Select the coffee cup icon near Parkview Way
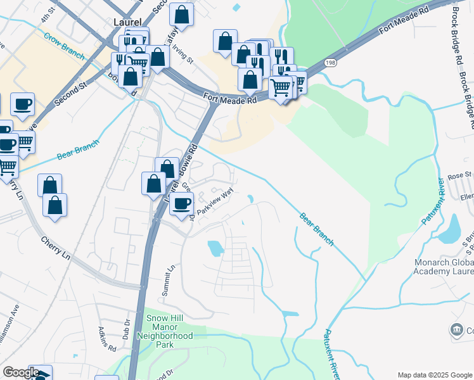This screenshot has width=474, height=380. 182,204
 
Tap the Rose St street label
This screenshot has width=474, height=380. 460,175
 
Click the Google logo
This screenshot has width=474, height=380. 21,373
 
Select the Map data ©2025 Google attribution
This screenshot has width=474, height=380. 435,375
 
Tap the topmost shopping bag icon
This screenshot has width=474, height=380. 182,16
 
